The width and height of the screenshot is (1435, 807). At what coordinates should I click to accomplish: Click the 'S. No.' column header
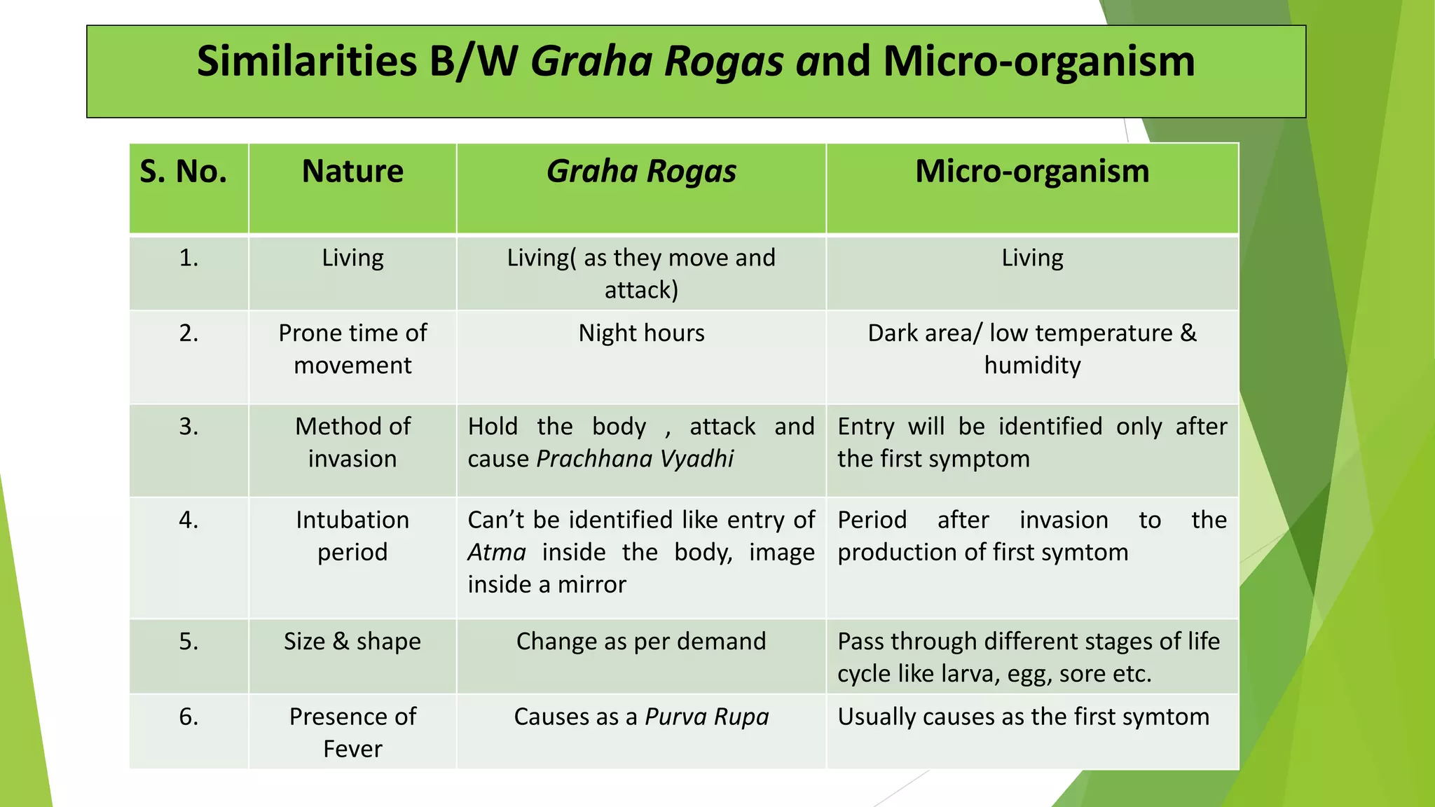(184, 172)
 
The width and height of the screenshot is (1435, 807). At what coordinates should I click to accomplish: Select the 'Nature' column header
(352, 172)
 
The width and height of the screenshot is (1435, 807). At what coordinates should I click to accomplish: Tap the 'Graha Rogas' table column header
(641, 172)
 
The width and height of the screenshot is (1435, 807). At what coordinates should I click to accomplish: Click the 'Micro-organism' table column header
(1032, 172)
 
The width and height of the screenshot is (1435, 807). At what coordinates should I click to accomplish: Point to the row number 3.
(188, 427)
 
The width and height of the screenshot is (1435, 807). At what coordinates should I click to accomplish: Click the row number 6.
(188, 717)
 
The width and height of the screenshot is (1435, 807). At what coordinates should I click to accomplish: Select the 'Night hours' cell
(641, 333)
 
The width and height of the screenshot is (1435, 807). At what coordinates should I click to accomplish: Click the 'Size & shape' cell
(352, 642)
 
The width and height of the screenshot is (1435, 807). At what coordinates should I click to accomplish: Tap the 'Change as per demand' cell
(641, 642)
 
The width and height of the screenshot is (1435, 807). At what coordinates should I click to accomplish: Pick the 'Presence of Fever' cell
(352, 732)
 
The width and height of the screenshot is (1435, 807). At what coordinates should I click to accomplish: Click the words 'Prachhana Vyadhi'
(635, 459)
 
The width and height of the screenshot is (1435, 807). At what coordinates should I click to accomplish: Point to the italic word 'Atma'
(496, 553)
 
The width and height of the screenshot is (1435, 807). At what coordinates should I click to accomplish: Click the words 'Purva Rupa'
(706, 717)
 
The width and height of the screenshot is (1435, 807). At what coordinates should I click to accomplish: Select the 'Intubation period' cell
(352, 536)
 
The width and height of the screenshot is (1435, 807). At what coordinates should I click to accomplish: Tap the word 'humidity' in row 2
(1032, 366)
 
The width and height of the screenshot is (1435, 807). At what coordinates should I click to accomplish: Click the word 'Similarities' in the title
(306, 62)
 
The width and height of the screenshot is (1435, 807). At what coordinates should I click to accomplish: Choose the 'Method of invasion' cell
(352, 443)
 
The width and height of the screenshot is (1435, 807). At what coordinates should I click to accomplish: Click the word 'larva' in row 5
(970, 674)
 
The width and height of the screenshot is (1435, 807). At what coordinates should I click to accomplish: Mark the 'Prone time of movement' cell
(352, 349)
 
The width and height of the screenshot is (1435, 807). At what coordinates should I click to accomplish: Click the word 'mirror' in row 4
(591, 585)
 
